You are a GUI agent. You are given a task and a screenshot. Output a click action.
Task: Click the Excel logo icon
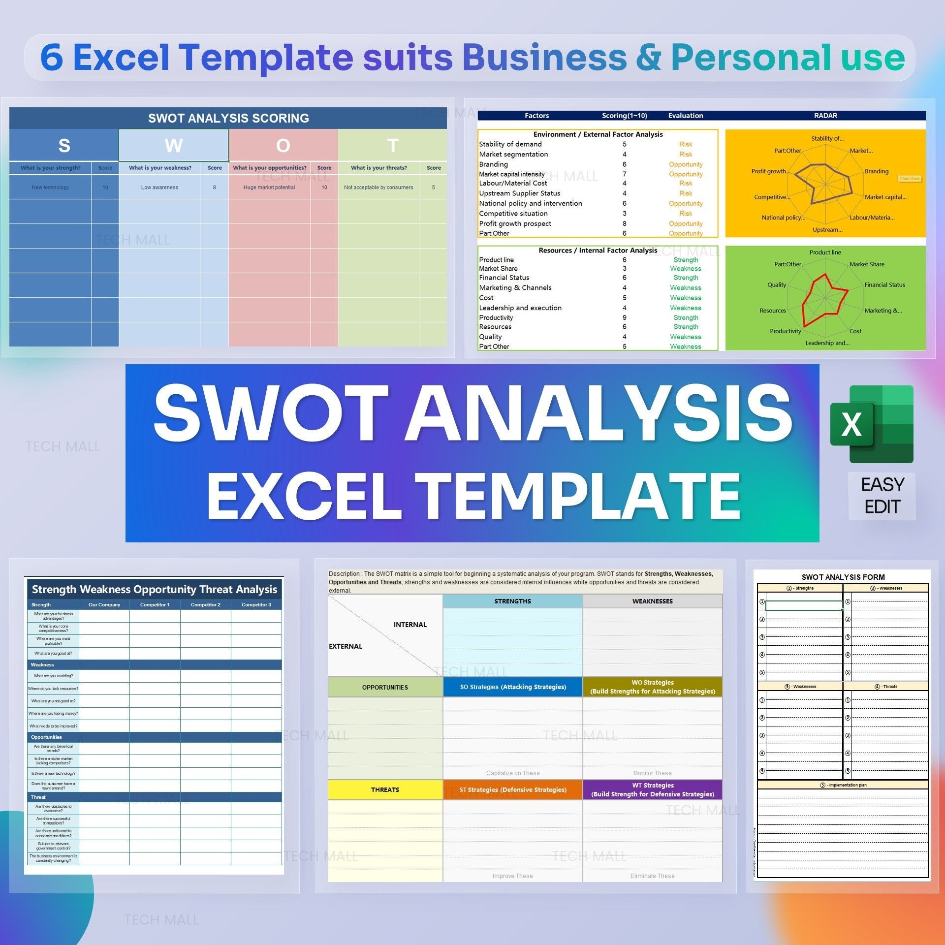point(871,424)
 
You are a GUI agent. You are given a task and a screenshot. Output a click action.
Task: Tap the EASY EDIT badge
point(882,496)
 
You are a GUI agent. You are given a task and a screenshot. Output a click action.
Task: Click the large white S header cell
point(64,145)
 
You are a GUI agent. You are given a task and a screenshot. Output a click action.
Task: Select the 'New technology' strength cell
point(50,188)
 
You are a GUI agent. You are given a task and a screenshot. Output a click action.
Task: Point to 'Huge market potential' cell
point(269,188)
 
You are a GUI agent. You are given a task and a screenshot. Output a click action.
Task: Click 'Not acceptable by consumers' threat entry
point(378,188)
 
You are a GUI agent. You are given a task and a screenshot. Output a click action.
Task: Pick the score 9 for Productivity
point(625,318)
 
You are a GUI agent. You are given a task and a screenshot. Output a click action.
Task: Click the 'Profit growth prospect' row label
point(515,223)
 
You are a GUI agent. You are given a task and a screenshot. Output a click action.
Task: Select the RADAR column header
point(825,116)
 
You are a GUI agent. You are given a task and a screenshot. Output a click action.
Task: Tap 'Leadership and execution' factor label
point(520,308)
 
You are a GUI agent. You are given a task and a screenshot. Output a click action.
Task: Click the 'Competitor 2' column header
point(205,605)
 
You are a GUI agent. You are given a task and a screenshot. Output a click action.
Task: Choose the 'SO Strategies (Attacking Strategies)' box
point(513,687)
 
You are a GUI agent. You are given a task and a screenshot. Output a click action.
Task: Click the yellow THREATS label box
point(385,790)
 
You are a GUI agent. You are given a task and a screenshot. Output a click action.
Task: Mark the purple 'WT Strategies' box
point(653,790)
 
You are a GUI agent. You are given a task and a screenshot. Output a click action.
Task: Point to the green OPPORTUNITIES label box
point(385,688)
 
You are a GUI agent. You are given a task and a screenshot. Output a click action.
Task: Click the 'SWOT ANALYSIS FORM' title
point(843,577)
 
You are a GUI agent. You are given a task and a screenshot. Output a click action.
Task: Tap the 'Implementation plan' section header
point(843,785)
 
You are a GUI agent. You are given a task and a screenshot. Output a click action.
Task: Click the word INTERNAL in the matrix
point(410,625)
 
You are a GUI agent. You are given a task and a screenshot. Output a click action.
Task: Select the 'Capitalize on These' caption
point(513,773)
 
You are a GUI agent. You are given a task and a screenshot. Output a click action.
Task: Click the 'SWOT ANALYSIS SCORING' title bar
point(228,118)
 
